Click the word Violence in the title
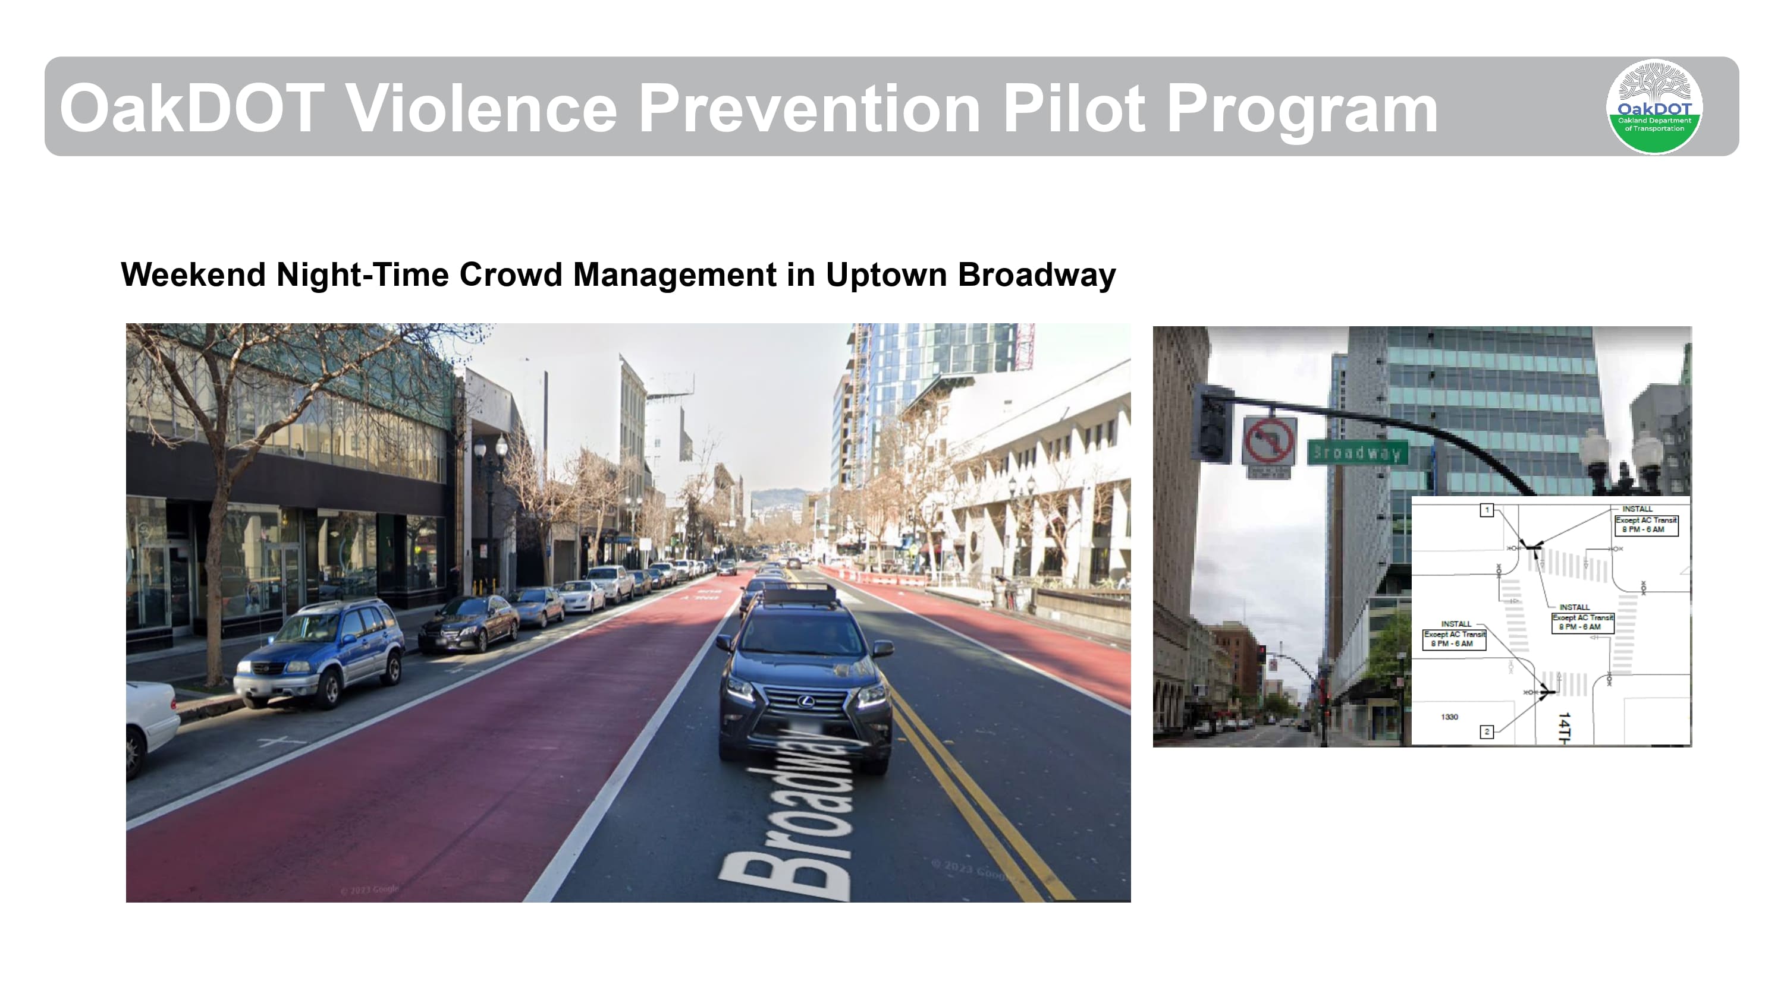tap(480, 109)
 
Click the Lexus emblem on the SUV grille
tap(805, 702)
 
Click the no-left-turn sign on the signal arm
tap(1269, 441)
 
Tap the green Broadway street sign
tap(1358, 453)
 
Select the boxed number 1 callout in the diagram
tap(1486, 510)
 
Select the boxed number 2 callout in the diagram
tap(1486, 731)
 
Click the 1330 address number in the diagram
tap(1450, 717)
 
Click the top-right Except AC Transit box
tap(1645, 525)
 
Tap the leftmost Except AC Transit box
tap(1455, 639)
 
